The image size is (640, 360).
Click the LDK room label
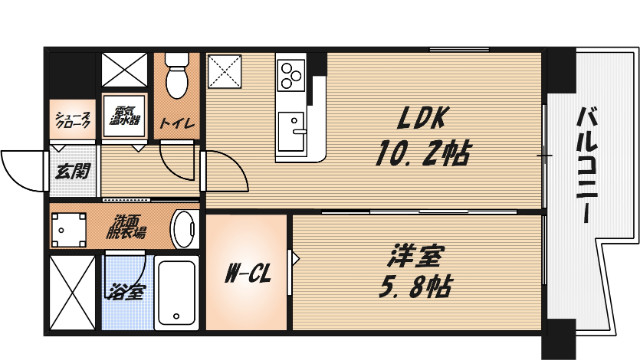425,119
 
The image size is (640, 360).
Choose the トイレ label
183,124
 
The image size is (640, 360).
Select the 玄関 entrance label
71,170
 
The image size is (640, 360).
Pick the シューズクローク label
72,121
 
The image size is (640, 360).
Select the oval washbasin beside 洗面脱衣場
185,230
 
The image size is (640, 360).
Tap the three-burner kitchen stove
291,73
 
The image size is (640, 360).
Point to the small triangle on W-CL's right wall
296,258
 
